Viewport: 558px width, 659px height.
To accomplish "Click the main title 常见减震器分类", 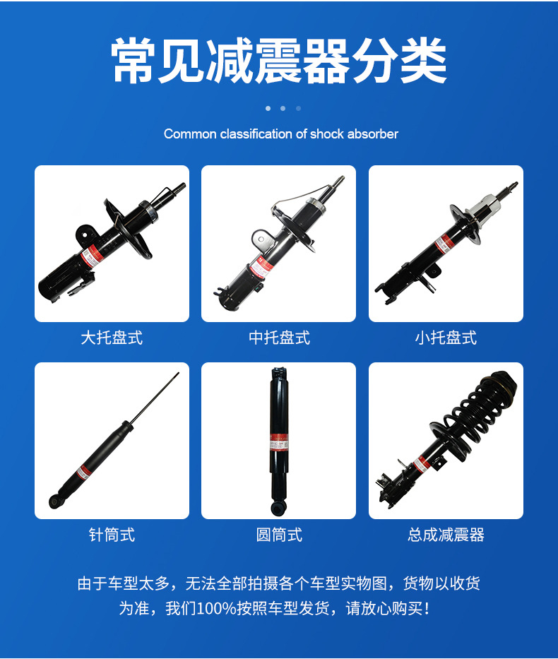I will pyautogui.click(x=279, y=61).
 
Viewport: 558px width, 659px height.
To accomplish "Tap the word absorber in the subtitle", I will pyautogui.click(x=373, y=133).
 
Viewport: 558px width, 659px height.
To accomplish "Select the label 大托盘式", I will pyautogui.click(x=112, y=338).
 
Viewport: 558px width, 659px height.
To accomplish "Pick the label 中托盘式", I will pyautogui.click(x=279, y=338).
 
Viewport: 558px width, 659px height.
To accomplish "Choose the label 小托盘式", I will pyautogui.click(x=446, y=338).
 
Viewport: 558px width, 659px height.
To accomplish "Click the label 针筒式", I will pyautogui.click(x=112, y=535).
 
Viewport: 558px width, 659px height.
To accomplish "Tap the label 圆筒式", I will pyautogui.click(x=279, y=535).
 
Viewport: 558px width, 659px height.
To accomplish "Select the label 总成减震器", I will pyautogui.click(x=446, y=535).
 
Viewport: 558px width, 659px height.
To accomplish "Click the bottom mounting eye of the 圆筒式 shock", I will pyautogui.click(x=278, y=507).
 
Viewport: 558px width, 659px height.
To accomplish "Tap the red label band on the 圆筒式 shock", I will pyautogui.click(x=278, y=439).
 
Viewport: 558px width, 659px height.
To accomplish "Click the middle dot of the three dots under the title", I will pyautogui.click(x=283, y=108).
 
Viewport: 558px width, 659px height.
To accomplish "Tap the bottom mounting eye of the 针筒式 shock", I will pyautogui.click(x=54, y=501).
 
